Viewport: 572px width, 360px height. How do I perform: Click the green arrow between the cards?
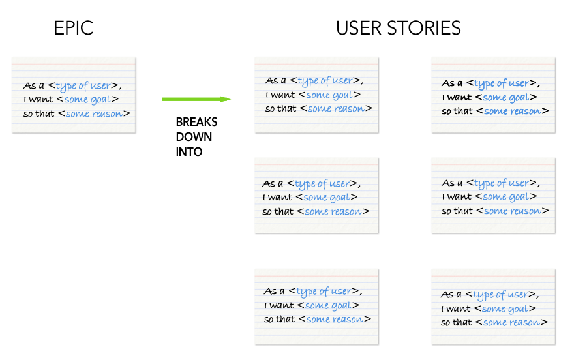(196, 99)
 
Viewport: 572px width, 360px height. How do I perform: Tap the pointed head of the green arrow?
(226, 99)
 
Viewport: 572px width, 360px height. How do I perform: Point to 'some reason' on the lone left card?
(95, 113)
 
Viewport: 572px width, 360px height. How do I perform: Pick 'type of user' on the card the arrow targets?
(325, 81)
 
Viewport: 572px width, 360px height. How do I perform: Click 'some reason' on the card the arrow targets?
(337, 108)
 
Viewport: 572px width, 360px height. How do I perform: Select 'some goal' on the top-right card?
(505, 97)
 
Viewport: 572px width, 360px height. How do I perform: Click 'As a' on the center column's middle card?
(273, 183)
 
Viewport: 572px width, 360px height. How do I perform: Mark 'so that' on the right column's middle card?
(455, 211)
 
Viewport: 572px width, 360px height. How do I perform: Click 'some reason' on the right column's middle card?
(513, 211)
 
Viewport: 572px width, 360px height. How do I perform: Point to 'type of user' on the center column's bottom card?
(324, 292)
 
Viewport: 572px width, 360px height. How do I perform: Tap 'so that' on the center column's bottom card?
(278, 319)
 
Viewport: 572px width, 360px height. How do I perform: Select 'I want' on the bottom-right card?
(454, 308)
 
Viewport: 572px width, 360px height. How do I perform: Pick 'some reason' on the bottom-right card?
(511, 322)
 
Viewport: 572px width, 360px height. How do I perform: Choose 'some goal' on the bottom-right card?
(504, 308)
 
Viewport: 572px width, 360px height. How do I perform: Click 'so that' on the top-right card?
(455, 111)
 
